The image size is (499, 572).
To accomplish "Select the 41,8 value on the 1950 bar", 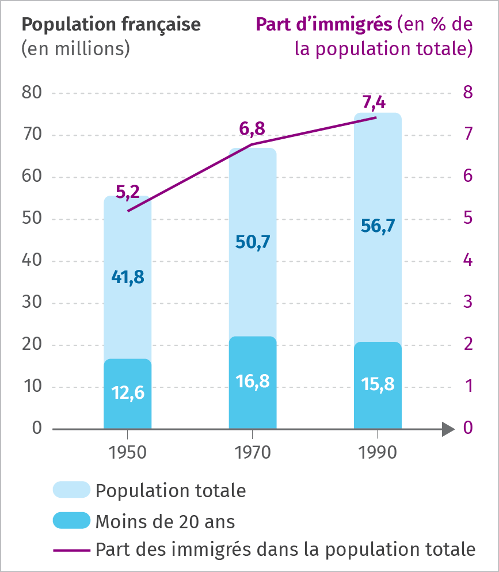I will [127, 277].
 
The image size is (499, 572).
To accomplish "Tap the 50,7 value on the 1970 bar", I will [253, 242].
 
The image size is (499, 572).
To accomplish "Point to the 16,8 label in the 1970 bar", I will [253, 381].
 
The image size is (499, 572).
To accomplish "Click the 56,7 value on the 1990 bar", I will [378, 226].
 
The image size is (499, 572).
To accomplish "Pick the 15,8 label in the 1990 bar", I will [378, 384].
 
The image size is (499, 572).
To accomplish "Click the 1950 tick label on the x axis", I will [127, 452].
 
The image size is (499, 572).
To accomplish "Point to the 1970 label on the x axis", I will [253, 452].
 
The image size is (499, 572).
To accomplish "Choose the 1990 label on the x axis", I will [378, 452].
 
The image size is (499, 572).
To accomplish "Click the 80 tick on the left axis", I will [32, 93].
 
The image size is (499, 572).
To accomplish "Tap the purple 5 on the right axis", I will [468, 218].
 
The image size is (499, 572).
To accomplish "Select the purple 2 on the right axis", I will [468, 344].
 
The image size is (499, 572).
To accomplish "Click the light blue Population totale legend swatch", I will [71, 490].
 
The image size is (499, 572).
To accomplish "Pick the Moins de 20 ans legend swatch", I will [71, 520].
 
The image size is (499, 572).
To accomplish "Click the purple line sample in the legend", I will [71, 550].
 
